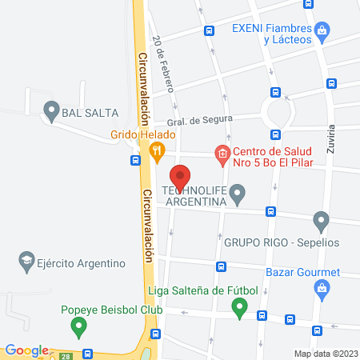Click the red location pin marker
tap(180, 177)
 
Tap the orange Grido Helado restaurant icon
tap(158, 149)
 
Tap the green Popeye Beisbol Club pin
tap(78, 326)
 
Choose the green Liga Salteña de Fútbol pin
tap(238, 306)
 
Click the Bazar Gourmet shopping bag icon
tap(322, 291)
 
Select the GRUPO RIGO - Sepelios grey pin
tap(321, 220)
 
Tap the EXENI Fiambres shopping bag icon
tap(322, 31)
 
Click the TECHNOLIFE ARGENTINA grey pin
tap(236, 194)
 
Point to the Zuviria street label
tap(330, 142)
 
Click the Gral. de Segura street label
tap(206, 118)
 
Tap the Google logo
tap(26, 350)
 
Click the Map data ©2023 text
tap(326, 354)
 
